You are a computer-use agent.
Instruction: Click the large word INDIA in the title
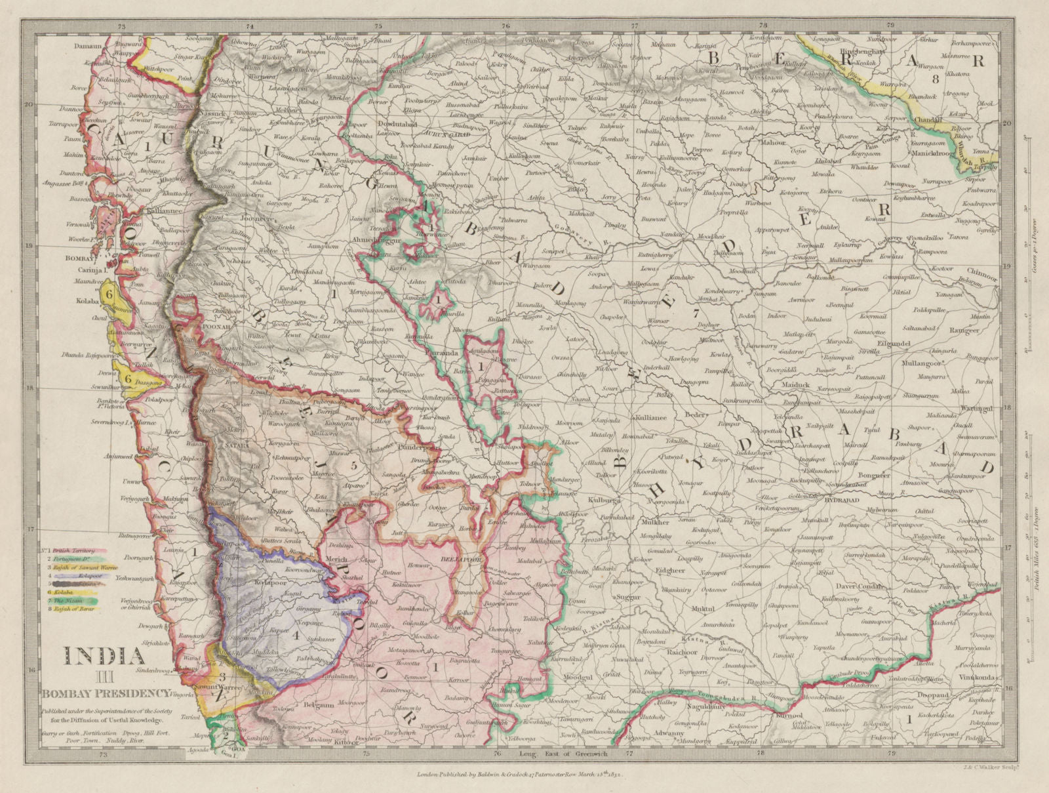click(x=104, y=656)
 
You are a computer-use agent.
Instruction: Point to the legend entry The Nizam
click(x=72, y=601)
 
